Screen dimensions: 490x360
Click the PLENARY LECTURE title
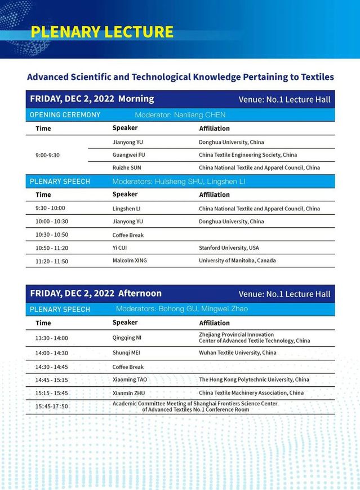tap(102, 32)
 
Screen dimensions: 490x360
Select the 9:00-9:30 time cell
tap(47, 154)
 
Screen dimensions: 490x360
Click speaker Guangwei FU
tap(129, 154)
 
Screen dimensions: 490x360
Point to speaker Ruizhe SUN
tap(127, 167)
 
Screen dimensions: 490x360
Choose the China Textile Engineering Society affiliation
tap(248, 154)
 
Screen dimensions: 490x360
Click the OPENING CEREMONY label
tap(65, 115)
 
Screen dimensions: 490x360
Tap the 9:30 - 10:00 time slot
tap(50, 208)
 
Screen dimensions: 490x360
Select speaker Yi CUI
tap(119, 248)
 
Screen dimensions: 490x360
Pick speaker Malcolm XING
tap(130, 261)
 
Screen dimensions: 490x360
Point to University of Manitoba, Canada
tap(237, 261)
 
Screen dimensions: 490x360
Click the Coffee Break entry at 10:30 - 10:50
tap(128, 235)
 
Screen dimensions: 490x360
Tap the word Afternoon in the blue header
tap(140, 293)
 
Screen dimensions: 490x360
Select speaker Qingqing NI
tap(127, 338)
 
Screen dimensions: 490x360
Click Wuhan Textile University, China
tap(237, 353)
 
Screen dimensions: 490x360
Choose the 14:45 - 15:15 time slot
tap(51, 380)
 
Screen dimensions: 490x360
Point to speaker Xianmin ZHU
tap(128, 393)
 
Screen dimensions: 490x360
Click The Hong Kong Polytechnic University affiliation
tap(254, 380)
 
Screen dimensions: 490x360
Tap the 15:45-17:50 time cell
tap(51, 407)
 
